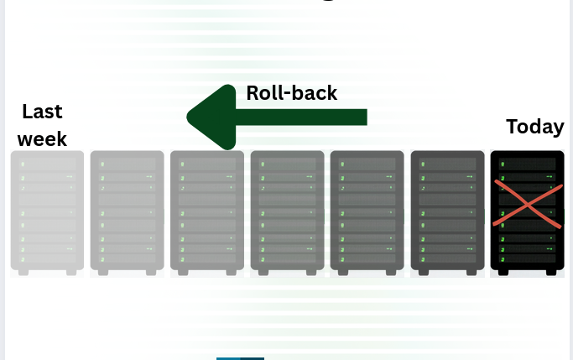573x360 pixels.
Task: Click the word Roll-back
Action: pos(291,93)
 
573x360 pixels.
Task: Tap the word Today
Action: pos(534,127)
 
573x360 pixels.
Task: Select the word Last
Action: pos(42,112)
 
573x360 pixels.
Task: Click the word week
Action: pos(42,138)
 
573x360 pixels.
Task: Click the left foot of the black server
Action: pos(503,272)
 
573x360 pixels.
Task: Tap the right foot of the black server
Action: pos(551,272)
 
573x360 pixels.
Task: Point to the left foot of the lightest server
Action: pos(23,272)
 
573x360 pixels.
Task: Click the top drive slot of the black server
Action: pos(527,164)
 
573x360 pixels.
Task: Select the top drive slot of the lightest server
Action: pos(47,164)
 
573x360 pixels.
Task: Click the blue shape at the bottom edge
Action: pos(240,357)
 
